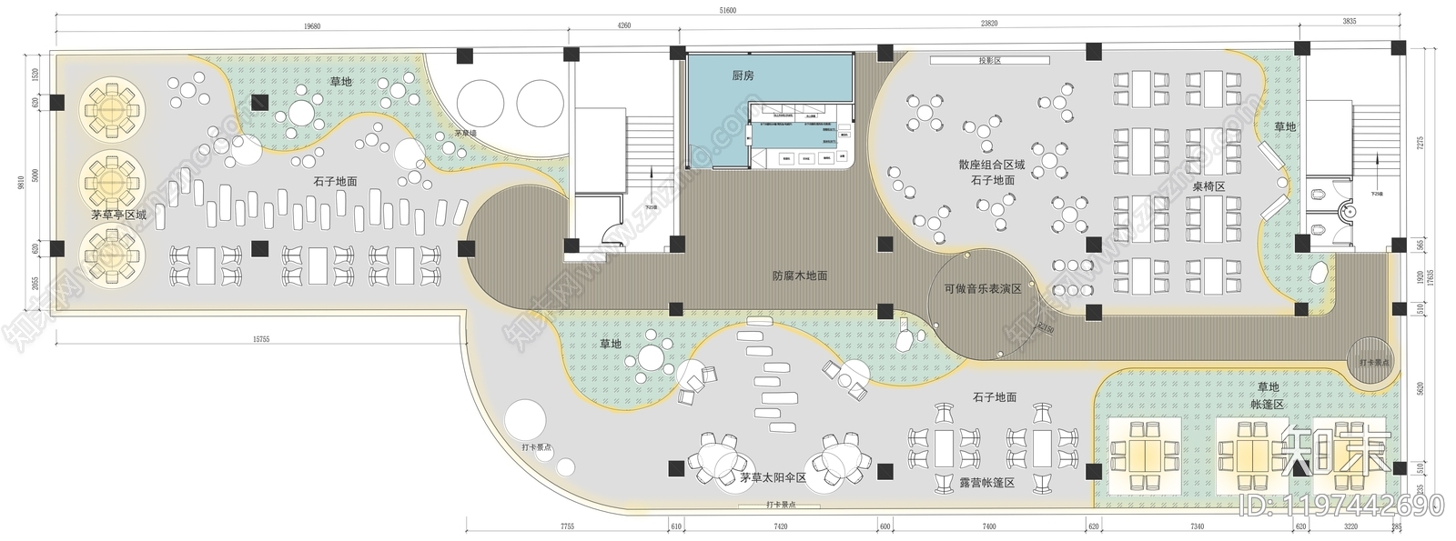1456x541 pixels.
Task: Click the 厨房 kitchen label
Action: [x=743, y=76]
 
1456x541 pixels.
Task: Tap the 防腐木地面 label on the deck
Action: [x=800, y=275]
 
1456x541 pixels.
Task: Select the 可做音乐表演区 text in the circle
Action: [x=982, y=289]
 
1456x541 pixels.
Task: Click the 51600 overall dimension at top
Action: [x=728, y=10]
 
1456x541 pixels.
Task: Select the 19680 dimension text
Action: [x=311, y=26]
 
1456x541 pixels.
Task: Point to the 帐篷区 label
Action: [x=1267, y=404]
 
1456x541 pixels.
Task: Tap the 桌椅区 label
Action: [x=1208, y=185]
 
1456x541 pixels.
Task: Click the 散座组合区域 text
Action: [x=991, y=165]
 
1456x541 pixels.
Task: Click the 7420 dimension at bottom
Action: [x=780, y=526]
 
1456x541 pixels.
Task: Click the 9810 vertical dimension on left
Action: [x=21, y=182]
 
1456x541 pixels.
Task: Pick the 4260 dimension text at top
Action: [x=623, y=26]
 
